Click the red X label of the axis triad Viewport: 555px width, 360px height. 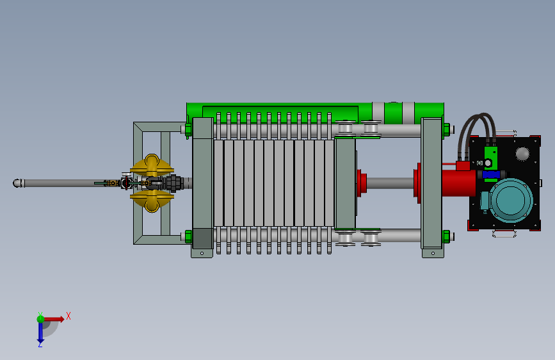[x=68, y=316]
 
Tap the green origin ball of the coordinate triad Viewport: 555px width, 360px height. [x=40, y=319]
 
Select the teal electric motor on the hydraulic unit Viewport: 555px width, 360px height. [x=508, y=200]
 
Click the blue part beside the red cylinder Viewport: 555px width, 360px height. [x=491, y=174]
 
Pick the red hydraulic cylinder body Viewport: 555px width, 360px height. [x=459, y=183]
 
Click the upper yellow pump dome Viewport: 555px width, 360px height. [x=152, y=165]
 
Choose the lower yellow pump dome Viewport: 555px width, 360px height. [x=152, y=201]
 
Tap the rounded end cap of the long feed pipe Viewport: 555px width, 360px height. [x=17, y=183]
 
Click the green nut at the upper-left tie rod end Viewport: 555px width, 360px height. [x=188, y=129]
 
